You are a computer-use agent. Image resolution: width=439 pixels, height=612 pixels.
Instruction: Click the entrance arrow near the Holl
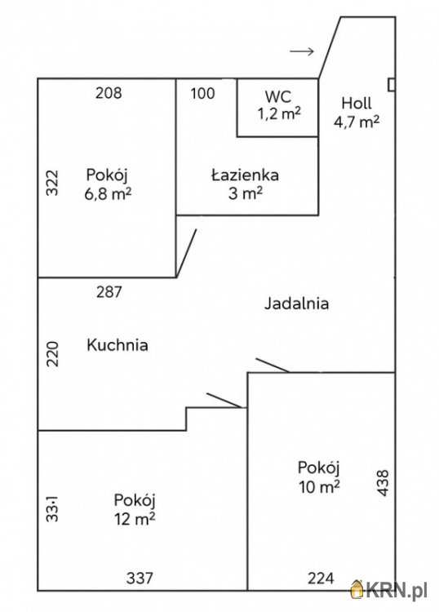point(302,51)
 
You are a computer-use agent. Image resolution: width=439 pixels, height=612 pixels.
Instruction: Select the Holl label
point(357,104)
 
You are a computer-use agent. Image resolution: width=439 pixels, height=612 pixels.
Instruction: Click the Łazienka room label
point(246,175)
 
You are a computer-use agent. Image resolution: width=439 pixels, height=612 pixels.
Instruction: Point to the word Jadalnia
point(296,304)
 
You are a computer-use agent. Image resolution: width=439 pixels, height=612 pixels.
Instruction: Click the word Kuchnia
point(118,345)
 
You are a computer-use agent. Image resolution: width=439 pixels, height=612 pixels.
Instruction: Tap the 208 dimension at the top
point(109,92)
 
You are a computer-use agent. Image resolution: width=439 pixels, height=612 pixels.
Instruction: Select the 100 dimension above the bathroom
point(202,92)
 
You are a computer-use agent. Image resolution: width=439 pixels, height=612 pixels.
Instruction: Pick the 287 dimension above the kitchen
point(109,291)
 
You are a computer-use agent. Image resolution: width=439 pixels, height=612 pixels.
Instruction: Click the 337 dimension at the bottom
point(140,579)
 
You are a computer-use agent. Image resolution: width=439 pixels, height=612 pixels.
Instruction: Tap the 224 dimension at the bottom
point(321,579)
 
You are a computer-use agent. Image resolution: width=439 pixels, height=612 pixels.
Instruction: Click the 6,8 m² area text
point(108,194)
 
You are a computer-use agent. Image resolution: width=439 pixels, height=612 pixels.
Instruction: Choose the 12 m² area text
point(135,518)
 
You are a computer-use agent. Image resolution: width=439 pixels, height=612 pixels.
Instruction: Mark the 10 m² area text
point(318,487)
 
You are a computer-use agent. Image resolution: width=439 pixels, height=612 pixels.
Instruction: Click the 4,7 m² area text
point(357,122)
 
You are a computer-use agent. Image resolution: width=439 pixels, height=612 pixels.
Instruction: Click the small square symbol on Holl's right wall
point(392,84)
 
